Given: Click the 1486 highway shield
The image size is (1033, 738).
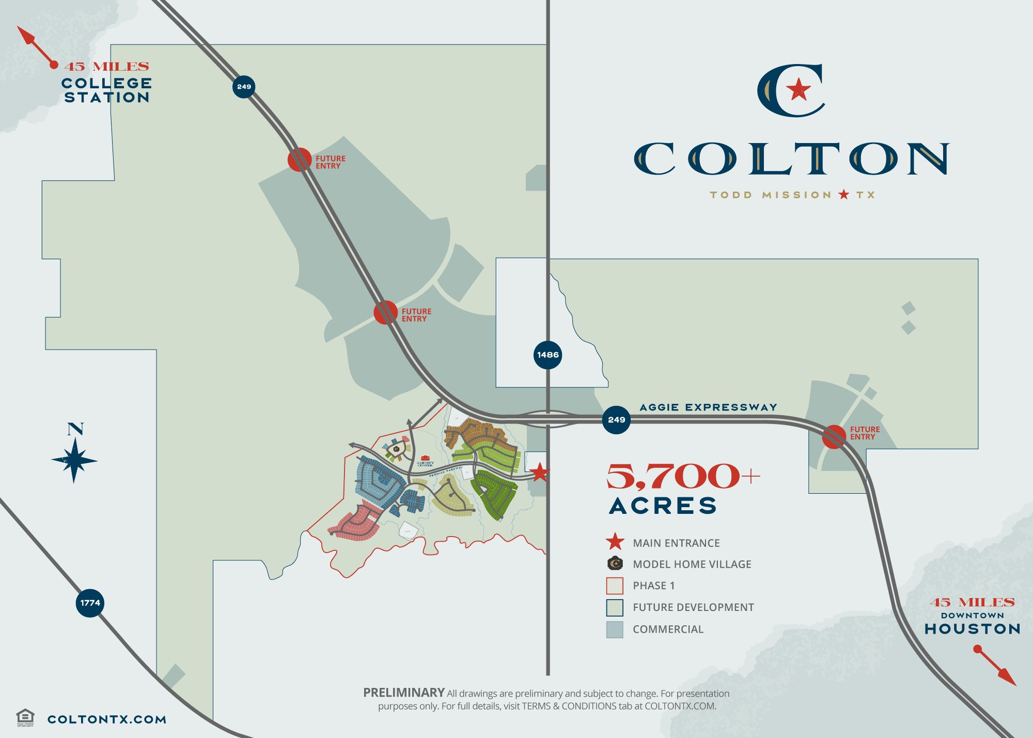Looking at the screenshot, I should (547, 355).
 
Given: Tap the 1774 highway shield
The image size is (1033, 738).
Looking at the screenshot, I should (90, 603).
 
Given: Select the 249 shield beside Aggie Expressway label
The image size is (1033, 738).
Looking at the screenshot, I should (616, 420).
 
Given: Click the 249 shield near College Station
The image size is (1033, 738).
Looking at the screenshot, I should (244, 87).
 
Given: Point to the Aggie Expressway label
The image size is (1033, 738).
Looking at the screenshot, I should (708, 407).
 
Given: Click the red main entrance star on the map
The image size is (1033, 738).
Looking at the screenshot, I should (540, 472).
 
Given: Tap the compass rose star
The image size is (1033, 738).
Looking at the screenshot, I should (75, 460).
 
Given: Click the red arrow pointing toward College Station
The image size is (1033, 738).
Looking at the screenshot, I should (35, 45).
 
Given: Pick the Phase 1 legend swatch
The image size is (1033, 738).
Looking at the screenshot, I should (615, 586).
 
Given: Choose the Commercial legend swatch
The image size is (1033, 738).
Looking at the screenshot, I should (615, 630).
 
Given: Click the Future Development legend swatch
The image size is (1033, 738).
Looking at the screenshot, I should (615, 608).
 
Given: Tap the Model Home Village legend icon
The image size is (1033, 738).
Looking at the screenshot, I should (615, 563).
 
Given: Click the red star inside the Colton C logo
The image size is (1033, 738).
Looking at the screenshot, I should (799, 90).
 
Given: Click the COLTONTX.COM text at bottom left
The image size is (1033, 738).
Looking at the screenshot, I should (107, 719).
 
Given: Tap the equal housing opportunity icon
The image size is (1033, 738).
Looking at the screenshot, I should (25, 717).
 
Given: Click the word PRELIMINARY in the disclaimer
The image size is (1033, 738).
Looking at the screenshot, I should (404, 693).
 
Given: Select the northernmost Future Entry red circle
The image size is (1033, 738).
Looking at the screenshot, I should (300, 160).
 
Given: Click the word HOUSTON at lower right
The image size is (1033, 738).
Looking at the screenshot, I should (973, 629).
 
